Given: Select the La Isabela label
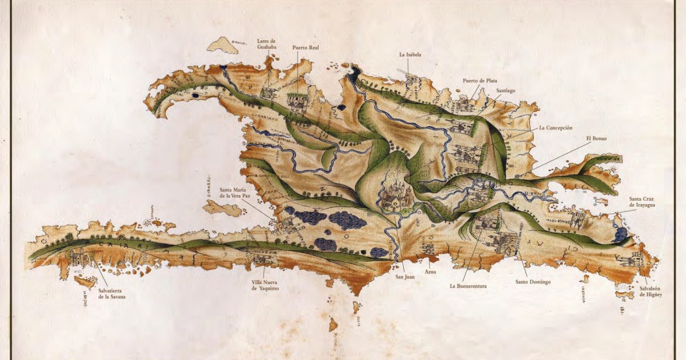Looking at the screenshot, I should [410, 55].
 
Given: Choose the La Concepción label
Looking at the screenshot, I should [555, 128].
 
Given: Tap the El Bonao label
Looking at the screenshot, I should [596, 138].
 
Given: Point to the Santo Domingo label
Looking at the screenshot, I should [533, 282].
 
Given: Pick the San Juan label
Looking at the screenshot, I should [404, 277].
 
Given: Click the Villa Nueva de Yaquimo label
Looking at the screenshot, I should [269, 286].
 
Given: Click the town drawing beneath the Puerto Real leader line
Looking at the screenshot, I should [297, 103].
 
